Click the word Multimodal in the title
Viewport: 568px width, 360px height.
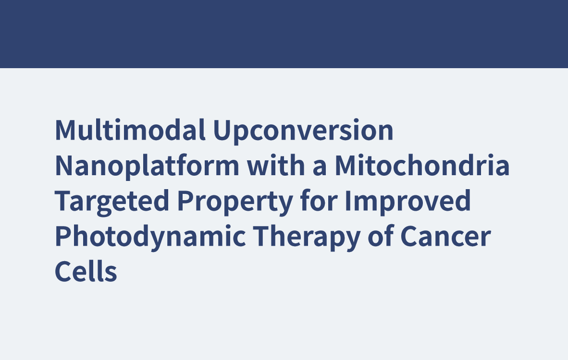[130, 130]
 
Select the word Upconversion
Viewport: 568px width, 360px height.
[303, 132]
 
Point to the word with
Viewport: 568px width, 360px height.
[276, 165]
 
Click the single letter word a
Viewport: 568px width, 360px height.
[320, 168]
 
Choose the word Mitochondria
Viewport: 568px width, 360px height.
[422, 165]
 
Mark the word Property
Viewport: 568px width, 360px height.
[235, 202]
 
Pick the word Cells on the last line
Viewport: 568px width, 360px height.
[86, 270]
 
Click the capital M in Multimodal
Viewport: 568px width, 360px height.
[65, 130]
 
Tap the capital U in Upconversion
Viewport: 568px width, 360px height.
[222, 130]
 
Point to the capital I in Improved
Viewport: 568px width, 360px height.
[348, 201]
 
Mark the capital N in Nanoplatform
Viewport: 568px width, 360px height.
[64, 165]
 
